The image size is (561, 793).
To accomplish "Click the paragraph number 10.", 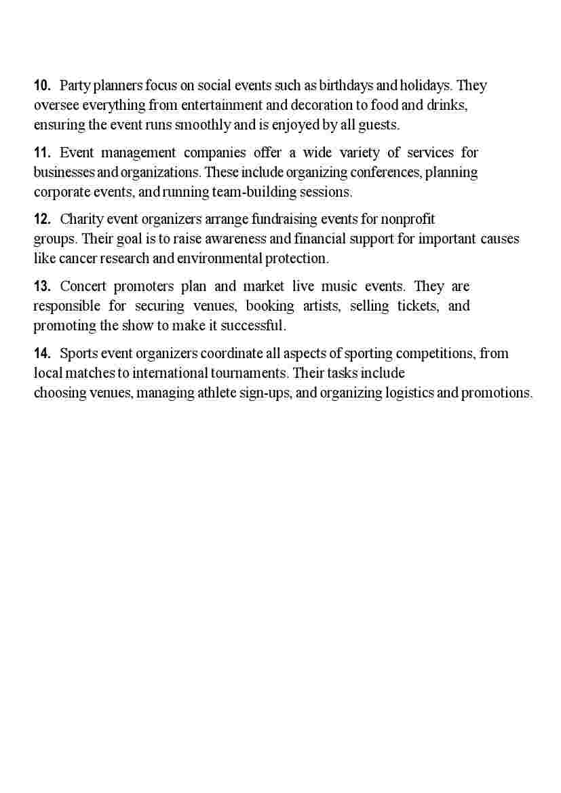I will (43, 86).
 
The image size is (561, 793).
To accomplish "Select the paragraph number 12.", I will (43, 220).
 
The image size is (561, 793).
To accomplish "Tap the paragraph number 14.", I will (43, 353).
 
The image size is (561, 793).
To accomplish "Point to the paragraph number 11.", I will (43, 153).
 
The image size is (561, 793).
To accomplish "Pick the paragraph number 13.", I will (43, 286).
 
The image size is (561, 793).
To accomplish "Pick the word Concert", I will (83, 286).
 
